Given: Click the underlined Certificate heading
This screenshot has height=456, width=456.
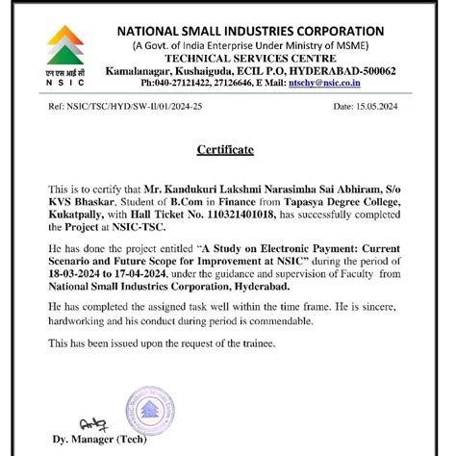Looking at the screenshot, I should (x=225, y=151).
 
